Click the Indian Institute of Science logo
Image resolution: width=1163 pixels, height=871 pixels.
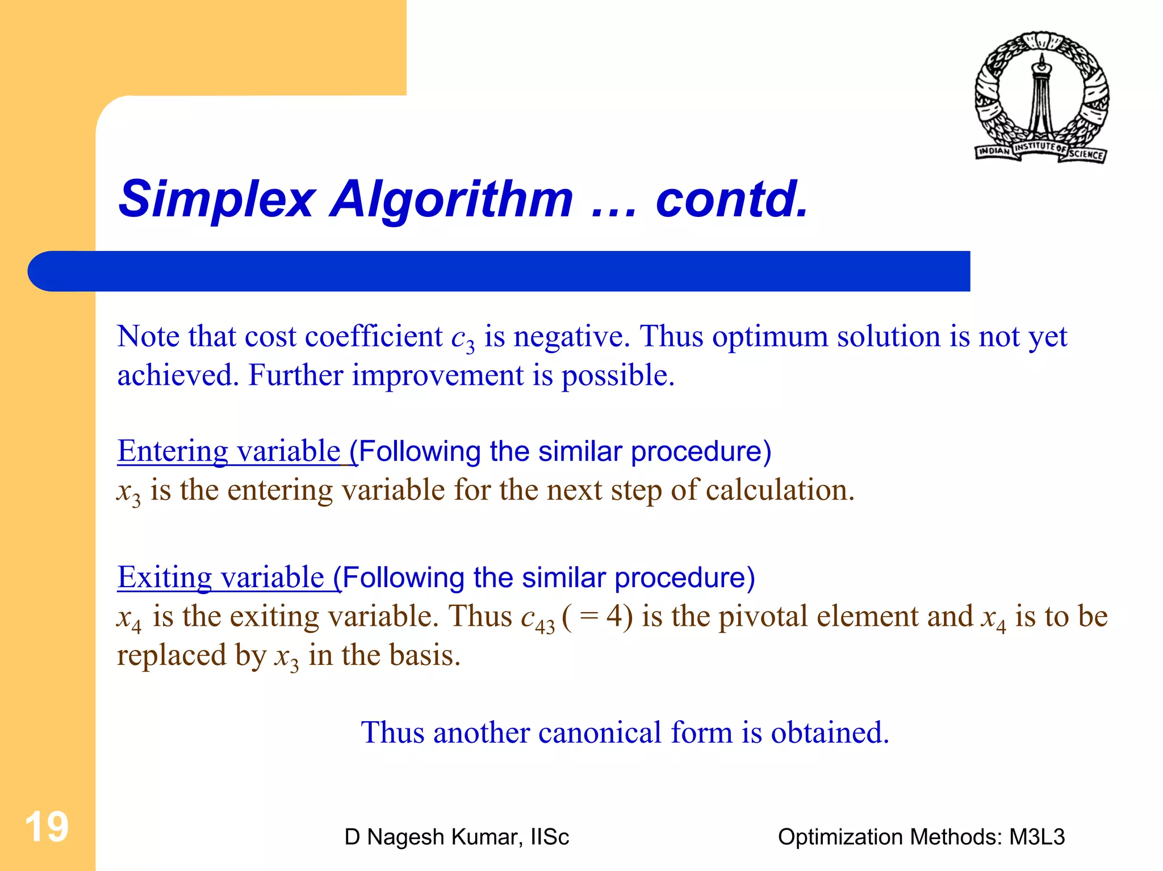[x=1041, y=97]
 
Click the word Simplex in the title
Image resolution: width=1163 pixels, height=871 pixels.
[x=216, y=199]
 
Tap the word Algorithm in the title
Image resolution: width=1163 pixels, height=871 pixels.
[x=451, y=199]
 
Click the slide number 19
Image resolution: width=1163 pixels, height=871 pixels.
[x=47, y=827]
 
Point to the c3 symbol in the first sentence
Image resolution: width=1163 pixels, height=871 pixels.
[x=463, y=338]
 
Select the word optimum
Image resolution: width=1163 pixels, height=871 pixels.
[x=770, y=337]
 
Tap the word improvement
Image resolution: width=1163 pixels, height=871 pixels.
[x=437, y=376]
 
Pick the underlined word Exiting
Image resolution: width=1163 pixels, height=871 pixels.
[x=164, y=577]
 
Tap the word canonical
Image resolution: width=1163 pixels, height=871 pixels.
[x=600, y=732]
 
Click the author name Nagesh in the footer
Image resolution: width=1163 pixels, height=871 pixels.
[x=406, y=837]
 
